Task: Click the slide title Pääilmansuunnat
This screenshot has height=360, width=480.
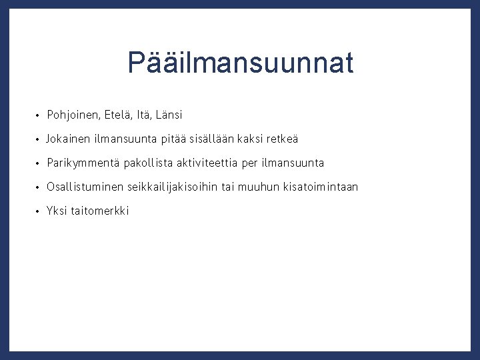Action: pos(240,63)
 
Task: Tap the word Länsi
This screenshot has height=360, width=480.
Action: pos(168,115)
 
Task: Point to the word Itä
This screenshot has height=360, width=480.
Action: pos(143,115)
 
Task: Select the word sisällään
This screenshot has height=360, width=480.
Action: pos(212,139)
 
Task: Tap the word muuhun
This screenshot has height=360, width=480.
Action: pos(261,187)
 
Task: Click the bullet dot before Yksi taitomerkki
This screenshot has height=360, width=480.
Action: pos(39,211)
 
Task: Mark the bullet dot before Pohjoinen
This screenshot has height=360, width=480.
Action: pos(39,116)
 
